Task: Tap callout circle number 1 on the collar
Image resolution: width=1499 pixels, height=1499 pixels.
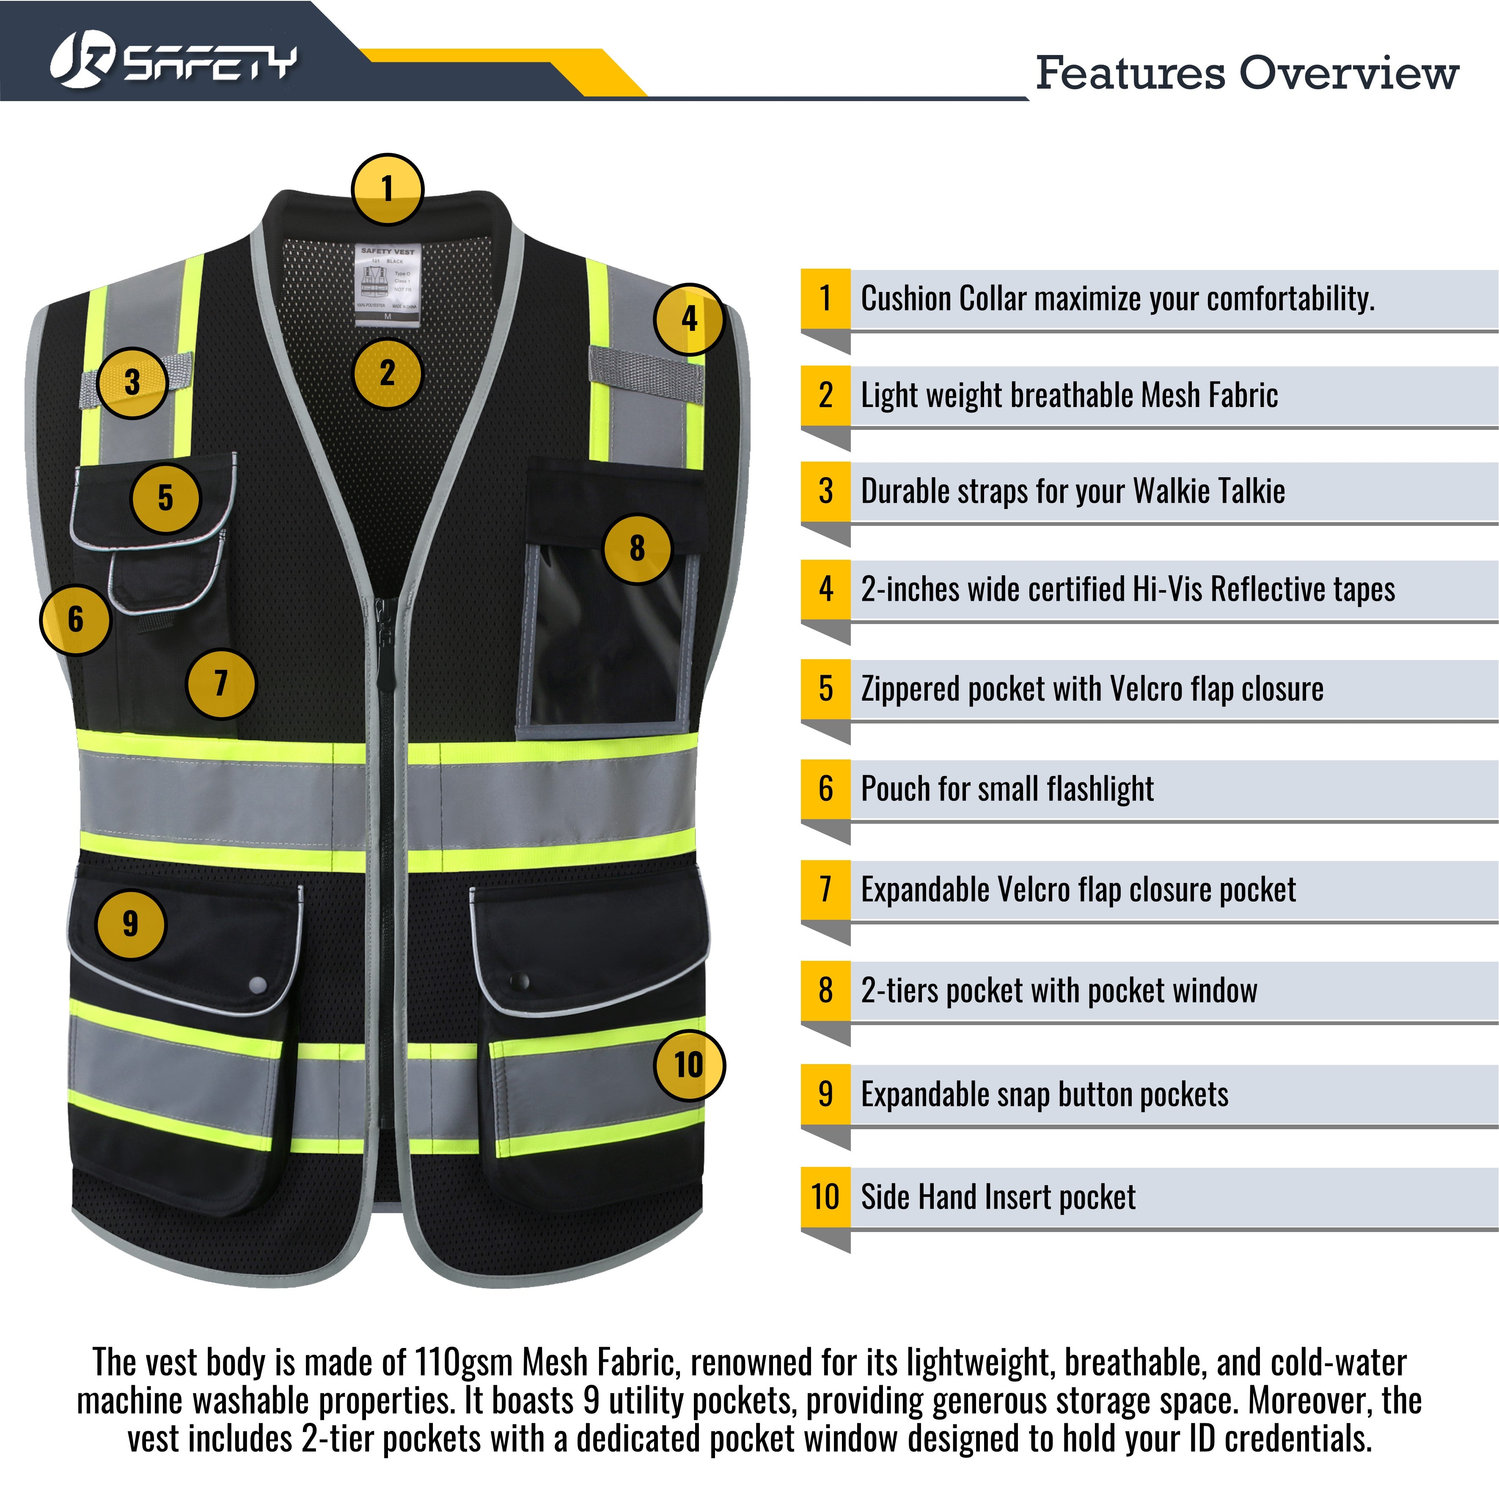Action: [387, 189]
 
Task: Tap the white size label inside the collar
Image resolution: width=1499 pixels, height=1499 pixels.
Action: [387, 283]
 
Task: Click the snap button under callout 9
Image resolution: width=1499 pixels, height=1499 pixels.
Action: [259, 986]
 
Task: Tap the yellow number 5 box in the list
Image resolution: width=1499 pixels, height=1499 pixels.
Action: [825, 689]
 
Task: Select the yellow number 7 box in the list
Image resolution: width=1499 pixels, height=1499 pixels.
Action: [825, 890]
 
